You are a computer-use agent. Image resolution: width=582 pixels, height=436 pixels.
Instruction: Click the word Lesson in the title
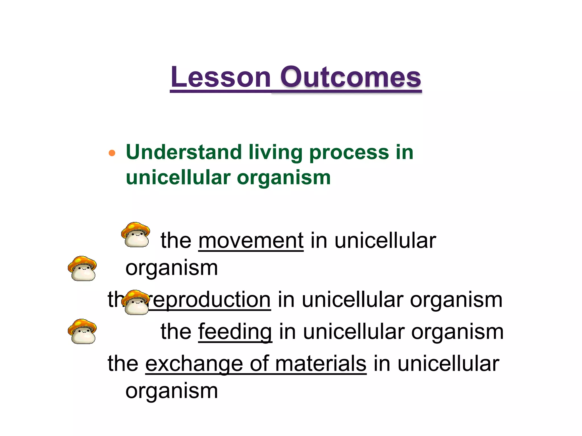click(x=221, y=77)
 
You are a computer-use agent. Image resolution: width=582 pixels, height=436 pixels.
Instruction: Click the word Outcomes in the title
click(x=350, y=77)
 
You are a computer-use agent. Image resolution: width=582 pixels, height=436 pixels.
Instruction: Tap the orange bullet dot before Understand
click(x=112, y=153)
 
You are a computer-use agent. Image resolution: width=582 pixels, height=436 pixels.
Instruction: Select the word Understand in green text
click(x=184, y=152)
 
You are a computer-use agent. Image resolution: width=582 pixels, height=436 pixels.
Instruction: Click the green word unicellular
click(x=178, y=178)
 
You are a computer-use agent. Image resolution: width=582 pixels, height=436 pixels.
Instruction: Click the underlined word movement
click(x=251, y=241)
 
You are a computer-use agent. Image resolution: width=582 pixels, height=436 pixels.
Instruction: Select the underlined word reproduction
click(x=210, y=300)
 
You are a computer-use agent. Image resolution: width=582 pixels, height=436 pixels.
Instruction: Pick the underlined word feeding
click(x=235, y=332)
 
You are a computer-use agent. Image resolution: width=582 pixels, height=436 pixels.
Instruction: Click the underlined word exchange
click(x=194, y=364)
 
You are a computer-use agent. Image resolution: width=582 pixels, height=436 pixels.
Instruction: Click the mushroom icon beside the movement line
click(x=136, y=235)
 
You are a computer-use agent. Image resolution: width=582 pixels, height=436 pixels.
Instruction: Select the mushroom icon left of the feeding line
click(x=82, y=332)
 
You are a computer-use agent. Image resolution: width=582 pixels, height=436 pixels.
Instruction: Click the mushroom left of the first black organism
click(x=82, y=269)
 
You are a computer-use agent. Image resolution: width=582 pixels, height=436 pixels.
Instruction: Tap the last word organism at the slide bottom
click(x=172, y=391)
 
